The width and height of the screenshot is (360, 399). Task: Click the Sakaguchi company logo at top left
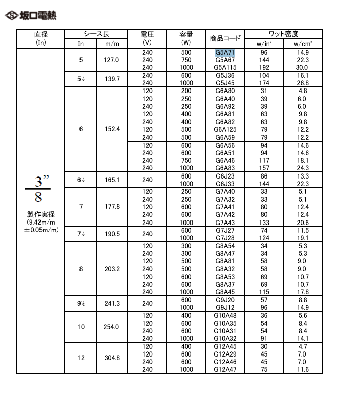[30, 15]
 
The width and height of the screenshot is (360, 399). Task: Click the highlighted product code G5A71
[225, 52]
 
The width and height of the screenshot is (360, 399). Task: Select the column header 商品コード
[225, 38]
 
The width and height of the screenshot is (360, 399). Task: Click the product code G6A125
[225, 129]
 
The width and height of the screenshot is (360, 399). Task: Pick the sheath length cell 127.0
[111, 60]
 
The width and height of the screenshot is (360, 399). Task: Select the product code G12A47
[225, 370]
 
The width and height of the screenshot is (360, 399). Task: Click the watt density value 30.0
[302, 67]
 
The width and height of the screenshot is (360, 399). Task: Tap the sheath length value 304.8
[111, 358]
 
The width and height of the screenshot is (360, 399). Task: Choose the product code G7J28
[225, 238]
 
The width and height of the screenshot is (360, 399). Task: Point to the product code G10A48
[225, 315]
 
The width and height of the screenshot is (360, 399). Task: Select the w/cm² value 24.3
[302, 168]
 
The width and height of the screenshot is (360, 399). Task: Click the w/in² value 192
[263, 67]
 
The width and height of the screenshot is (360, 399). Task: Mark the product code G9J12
[225, 307]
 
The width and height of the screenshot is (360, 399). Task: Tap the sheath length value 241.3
[111, 304]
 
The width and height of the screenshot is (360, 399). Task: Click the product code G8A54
[225, 246]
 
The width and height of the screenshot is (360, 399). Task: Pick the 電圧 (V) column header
[147, 38]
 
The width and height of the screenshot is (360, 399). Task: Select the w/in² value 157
[263, 168]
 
